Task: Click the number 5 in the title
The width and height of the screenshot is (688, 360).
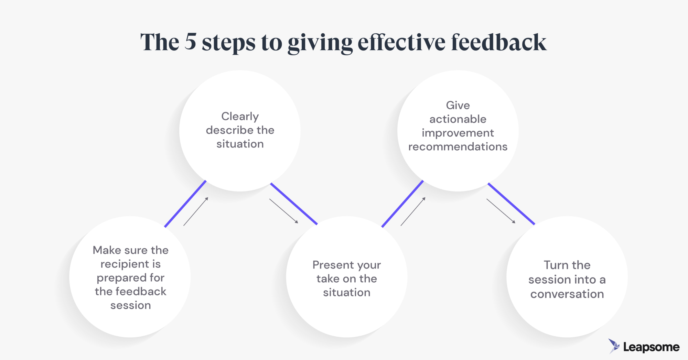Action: [190, 42]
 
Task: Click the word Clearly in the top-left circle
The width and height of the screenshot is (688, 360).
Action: [240, 117]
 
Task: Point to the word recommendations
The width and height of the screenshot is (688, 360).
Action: [458, 147]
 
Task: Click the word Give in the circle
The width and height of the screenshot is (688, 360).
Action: [458, 105]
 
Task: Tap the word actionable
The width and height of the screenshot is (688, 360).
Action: [458, 119]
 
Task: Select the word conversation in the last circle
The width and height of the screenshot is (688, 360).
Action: [567, 294]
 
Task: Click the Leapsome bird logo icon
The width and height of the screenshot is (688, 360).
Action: [614, 346]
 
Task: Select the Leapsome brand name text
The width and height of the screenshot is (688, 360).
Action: [651, 347]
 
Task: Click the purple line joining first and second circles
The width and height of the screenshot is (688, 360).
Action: [185, 204]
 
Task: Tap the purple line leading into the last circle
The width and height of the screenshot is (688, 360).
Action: [511, 204]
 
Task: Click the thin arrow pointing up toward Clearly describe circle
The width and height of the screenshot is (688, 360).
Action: [196, 211]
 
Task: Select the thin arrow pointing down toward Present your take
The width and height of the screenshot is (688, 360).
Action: [283, 211]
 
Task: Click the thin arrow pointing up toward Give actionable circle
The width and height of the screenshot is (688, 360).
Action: [413, 211]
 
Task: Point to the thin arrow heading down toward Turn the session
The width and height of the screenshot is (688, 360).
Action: [501, 211]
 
